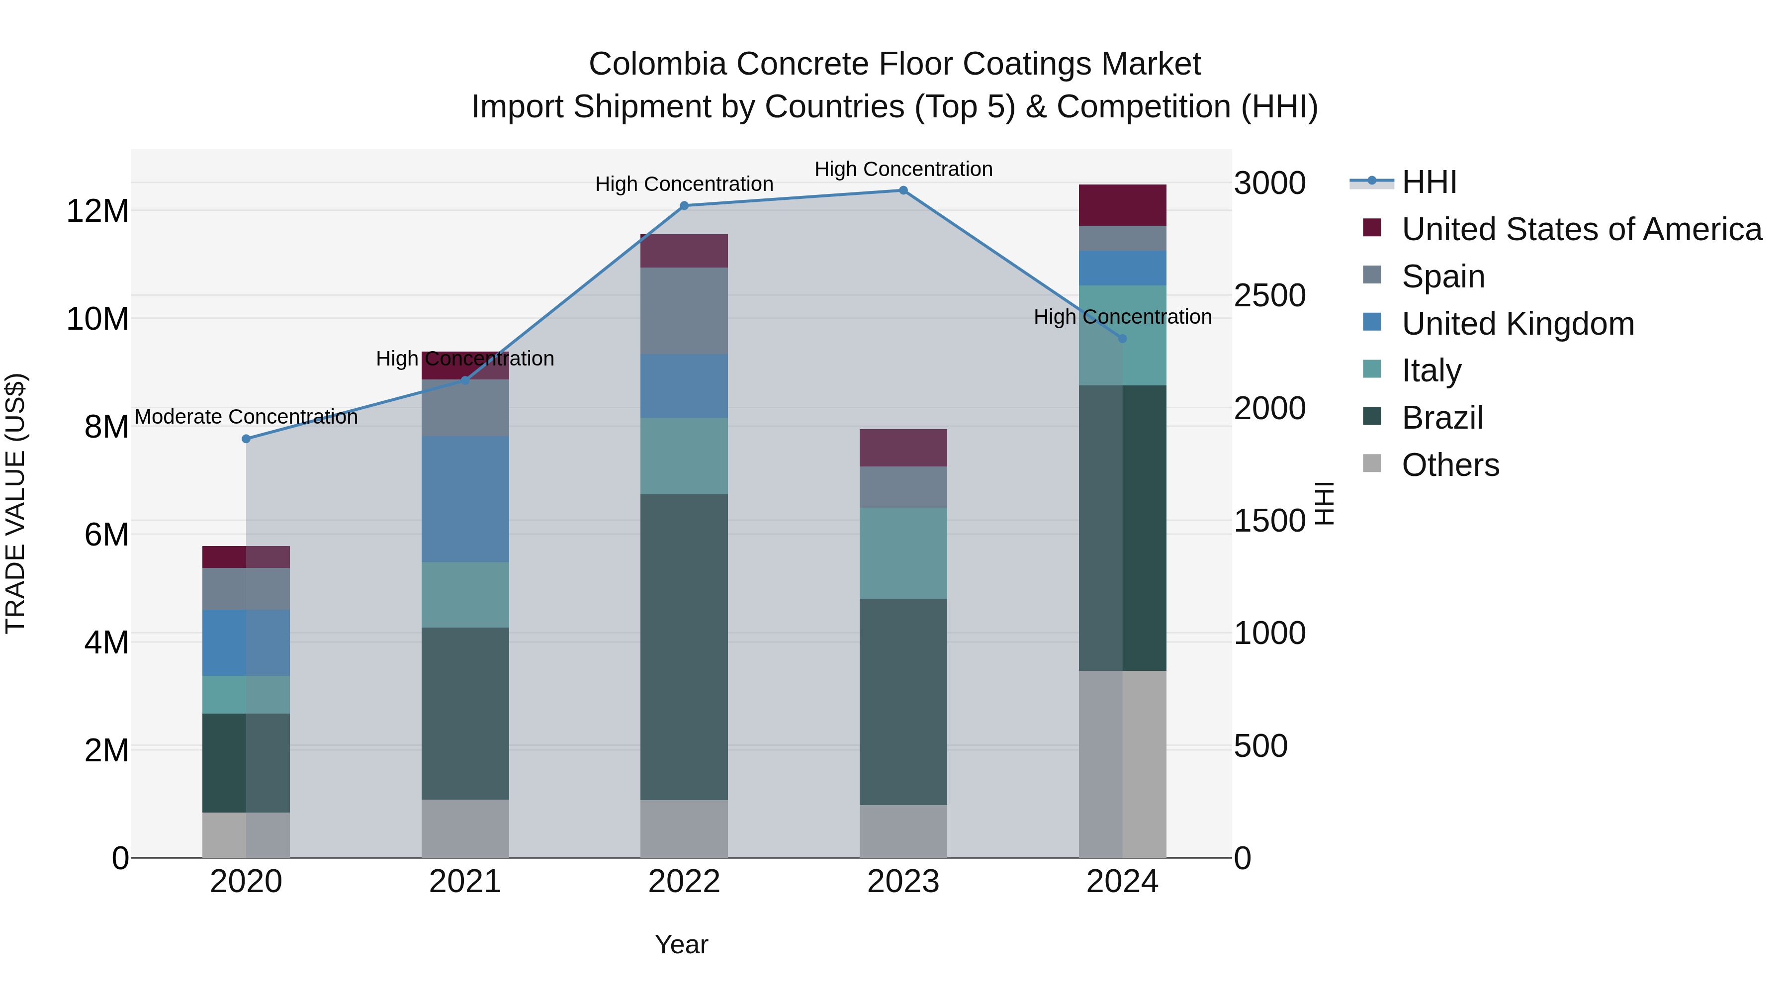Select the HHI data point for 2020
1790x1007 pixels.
(246, 439)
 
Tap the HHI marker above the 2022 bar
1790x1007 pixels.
(684, 206)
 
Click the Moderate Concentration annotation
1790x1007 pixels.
(246, 417)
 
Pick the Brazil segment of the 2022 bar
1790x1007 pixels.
(684, 646)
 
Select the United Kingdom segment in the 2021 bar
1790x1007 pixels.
(465, 499)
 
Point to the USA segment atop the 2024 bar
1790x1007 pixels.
(1122, 205)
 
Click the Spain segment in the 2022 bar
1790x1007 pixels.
(684, 311)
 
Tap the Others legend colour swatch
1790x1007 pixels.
(1372, 463)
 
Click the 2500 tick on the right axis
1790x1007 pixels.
(1269, 296)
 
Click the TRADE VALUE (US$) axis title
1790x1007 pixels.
(15, 503)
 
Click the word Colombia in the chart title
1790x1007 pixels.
(657, 64)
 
